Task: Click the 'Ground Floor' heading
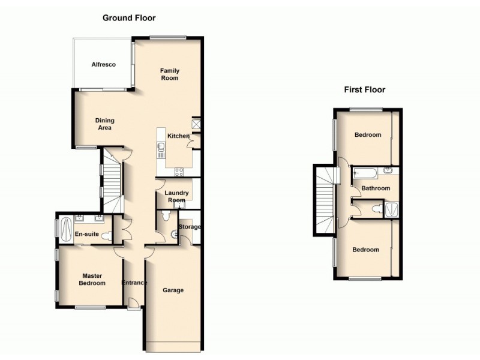pos(128,17)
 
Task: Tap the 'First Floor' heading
pos(364,90)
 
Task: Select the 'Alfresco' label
pos(103,65)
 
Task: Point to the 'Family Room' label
pos(169,74)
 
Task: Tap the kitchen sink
pos(161,146)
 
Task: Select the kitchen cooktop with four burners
pos(179,171)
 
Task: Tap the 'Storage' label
pos(189,227)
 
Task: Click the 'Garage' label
pos(173,290)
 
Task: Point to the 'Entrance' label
pos(134,283)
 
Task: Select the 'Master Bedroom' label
pos(93,279)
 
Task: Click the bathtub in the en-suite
pos(65,227)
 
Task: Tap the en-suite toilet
pos(107,235)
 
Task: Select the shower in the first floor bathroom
pos(393,209)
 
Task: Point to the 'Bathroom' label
pos(375,188)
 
